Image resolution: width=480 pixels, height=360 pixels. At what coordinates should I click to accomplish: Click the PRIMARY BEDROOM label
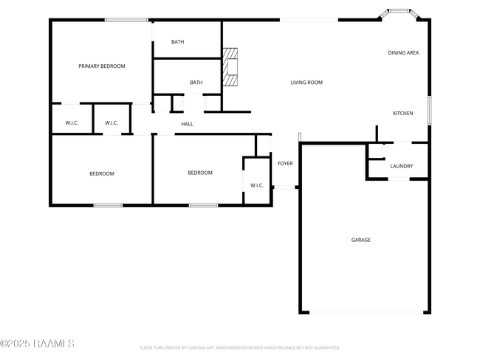tap(102, 66)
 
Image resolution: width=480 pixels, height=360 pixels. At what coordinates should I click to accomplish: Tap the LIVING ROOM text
tap(306, 83)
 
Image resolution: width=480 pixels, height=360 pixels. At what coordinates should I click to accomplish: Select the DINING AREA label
tap(404, 52)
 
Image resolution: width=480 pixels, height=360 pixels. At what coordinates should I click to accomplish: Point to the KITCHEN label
tap(402, 113)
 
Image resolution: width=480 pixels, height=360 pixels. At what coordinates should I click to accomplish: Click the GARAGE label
tap(360, 240)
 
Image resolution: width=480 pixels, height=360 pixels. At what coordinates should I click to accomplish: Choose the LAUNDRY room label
tap(401, 167)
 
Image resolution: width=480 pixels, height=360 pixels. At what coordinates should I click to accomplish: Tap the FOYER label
tap(285, 164)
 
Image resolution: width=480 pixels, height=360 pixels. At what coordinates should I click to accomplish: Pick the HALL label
tap(187, 124)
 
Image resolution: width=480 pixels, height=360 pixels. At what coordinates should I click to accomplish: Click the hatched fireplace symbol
tap(232, 69)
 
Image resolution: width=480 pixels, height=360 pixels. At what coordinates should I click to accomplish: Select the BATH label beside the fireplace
tap(196, 83)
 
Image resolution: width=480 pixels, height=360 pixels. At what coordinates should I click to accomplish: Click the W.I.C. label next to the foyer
tap(256, 185)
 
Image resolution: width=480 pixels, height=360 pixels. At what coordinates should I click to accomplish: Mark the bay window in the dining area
tap(400, 12)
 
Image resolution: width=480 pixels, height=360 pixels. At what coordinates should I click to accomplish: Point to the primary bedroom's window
tap(126, 20)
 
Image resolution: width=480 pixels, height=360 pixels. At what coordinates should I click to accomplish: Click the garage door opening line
tap(366, 312)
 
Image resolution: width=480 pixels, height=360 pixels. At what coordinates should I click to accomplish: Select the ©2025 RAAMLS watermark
tap(37, 344)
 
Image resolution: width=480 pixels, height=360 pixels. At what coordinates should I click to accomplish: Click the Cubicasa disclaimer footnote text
tap(239, 347)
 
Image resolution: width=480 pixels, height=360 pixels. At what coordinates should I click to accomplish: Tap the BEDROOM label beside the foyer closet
tap(199, 173)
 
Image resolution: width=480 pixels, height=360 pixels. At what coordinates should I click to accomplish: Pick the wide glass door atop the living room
tap(309, 20)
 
